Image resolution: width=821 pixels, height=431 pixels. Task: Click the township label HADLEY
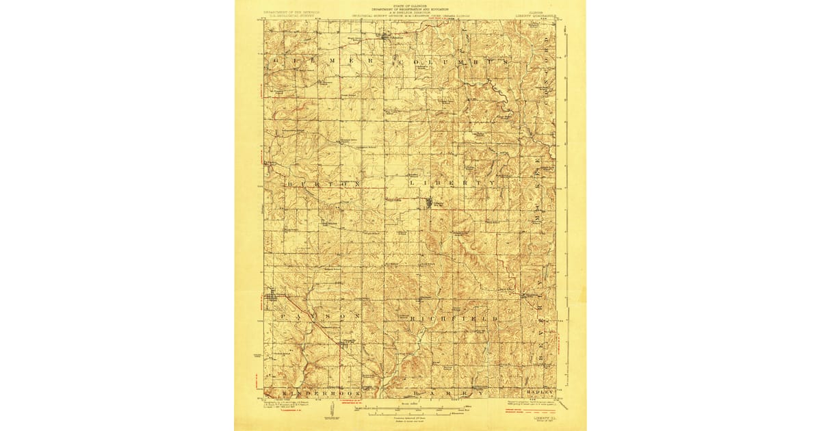click(538, 393)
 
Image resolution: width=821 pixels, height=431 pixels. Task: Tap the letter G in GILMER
click(276, 61)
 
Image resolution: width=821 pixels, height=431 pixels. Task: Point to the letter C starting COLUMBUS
click(397, 61)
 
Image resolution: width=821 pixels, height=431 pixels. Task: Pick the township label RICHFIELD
click(453, 319)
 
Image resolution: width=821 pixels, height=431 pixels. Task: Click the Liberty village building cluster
click(430, 203)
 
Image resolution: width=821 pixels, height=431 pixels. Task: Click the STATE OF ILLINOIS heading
click(410, 4)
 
